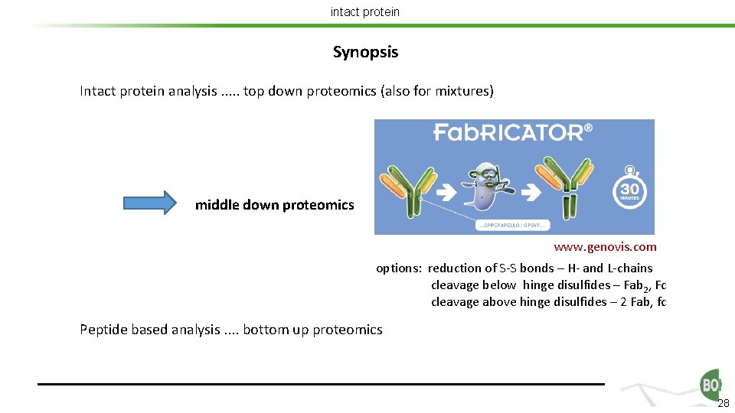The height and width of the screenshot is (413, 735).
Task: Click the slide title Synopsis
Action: pyautogui.click(x=365, y=53)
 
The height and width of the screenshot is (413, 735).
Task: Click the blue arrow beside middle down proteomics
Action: pyautogui.click(x=149, y=203)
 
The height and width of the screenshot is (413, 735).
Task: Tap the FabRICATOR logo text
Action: pyautogui.click(x=512, y=132)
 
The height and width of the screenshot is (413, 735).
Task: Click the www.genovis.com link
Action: pyautogui.click(x=605, y=247)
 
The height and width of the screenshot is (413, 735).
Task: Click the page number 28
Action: pyautogui.click(x=724, y=403)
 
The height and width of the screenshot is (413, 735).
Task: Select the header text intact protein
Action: pyautogui.click(x=364, y=11)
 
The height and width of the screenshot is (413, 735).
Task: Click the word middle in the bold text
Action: pyautogui.click(x=217, y=204)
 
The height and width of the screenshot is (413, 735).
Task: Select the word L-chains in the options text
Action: pyautogui.click(x=630, y=268)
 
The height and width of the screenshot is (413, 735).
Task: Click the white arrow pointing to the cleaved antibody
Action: pyautogui.click(x=528, y=187)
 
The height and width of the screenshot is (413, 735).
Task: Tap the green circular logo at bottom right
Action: pyautogui.click(x=710, y=385)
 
